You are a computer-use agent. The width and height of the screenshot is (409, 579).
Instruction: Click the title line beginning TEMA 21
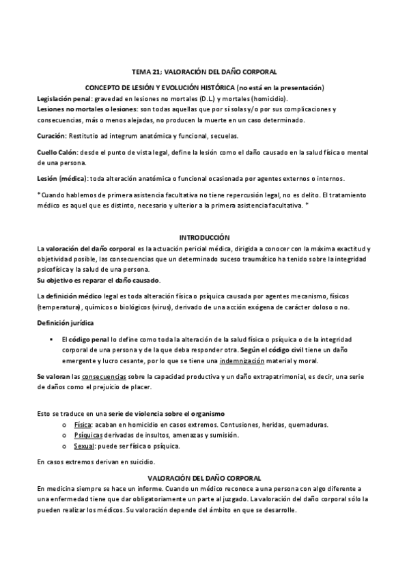(x=204, y=71)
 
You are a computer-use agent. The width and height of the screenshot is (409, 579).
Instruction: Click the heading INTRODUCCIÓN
(x=204, y=236)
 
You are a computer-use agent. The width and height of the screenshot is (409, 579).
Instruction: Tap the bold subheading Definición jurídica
(x=66, y=322)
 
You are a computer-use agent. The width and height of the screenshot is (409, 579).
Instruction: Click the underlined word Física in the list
(x=83, y=425)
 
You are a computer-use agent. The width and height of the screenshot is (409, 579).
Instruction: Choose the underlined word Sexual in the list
(x=83, y=447)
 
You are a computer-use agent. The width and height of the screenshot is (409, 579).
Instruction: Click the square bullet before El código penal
(x=52, y=339)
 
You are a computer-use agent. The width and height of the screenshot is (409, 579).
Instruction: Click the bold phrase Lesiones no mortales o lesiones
(x=85, y=109)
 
